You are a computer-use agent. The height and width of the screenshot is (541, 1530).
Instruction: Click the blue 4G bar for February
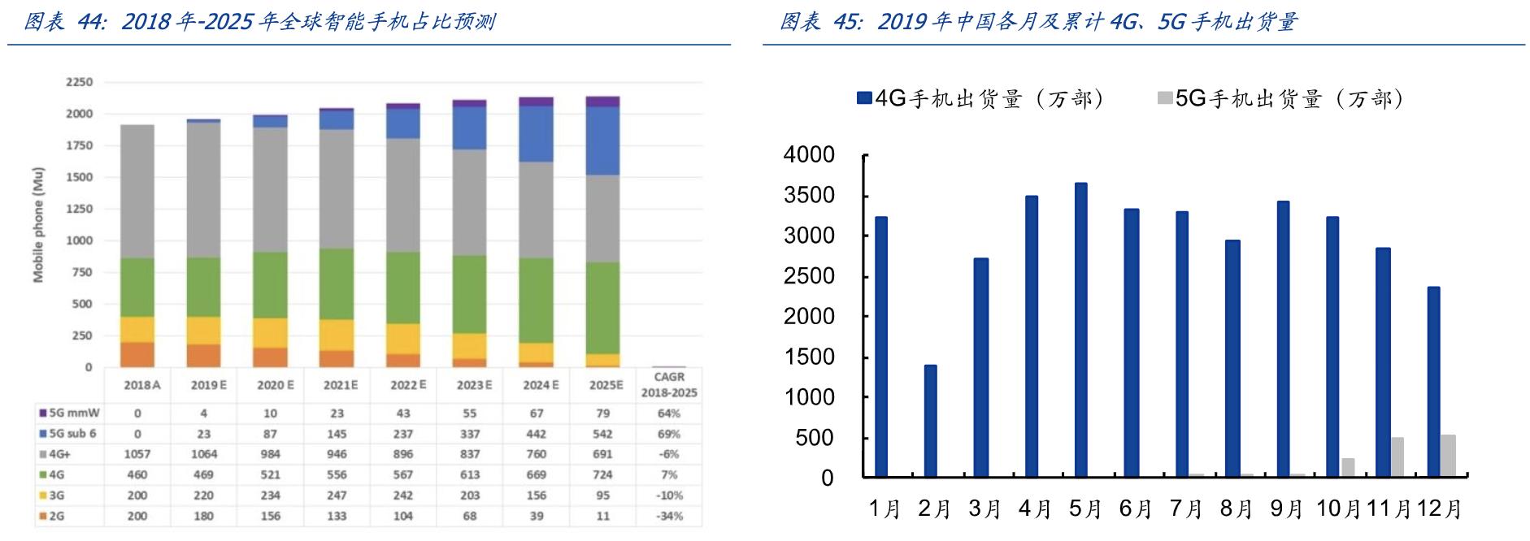coord(930,421)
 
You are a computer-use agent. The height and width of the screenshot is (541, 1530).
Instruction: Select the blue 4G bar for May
coord(1080,330)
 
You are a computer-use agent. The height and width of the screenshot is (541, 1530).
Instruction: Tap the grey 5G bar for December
coord(1448,456)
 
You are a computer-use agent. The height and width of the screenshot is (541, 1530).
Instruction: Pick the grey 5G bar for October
coord(1348,467)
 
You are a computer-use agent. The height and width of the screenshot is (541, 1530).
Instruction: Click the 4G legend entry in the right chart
coord(980,99)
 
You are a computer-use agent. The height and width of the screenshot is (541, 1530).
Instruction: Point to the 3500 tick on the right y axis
coord(809,195)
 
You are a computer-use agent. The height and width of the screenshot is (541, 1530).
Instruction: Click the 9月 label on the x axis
coord(1286,509)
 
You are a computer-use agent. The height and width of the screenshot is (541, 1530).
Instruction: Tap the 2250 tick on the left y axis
coord(79,82)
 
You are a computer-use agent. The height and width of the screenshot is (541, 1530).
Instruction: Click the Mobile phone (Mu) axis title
coord(38,225)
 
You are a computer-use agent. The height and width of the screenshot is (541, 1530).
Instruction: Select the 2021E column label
coord(340,385)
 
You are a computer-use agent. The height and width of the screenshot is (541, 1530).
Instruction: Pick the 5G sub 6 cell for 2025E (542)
coord(602,434)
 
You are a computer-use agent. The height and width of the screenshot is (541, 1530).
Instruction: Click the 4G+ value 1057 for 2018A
coord(137,454)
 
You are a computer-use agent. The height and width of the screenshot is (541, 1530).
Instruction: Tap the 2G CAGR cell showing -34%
coord(669,516)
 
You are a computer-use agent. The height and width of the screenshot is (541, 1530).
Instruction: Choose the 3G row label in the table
coord(56,496)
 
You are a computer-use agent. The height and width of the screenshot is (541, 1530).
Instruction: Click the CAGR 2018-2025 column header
coord(669,384)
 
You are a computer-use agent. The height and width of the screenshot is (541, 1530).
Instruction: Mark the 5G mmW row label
coord(73,413)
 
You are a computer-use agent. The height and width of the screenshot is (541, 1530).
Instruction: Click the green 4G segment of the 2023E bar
coord(469,294)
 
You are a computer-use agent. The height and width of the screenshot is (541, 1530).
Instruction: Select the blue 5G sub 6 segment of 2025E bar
coord(602,141)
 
